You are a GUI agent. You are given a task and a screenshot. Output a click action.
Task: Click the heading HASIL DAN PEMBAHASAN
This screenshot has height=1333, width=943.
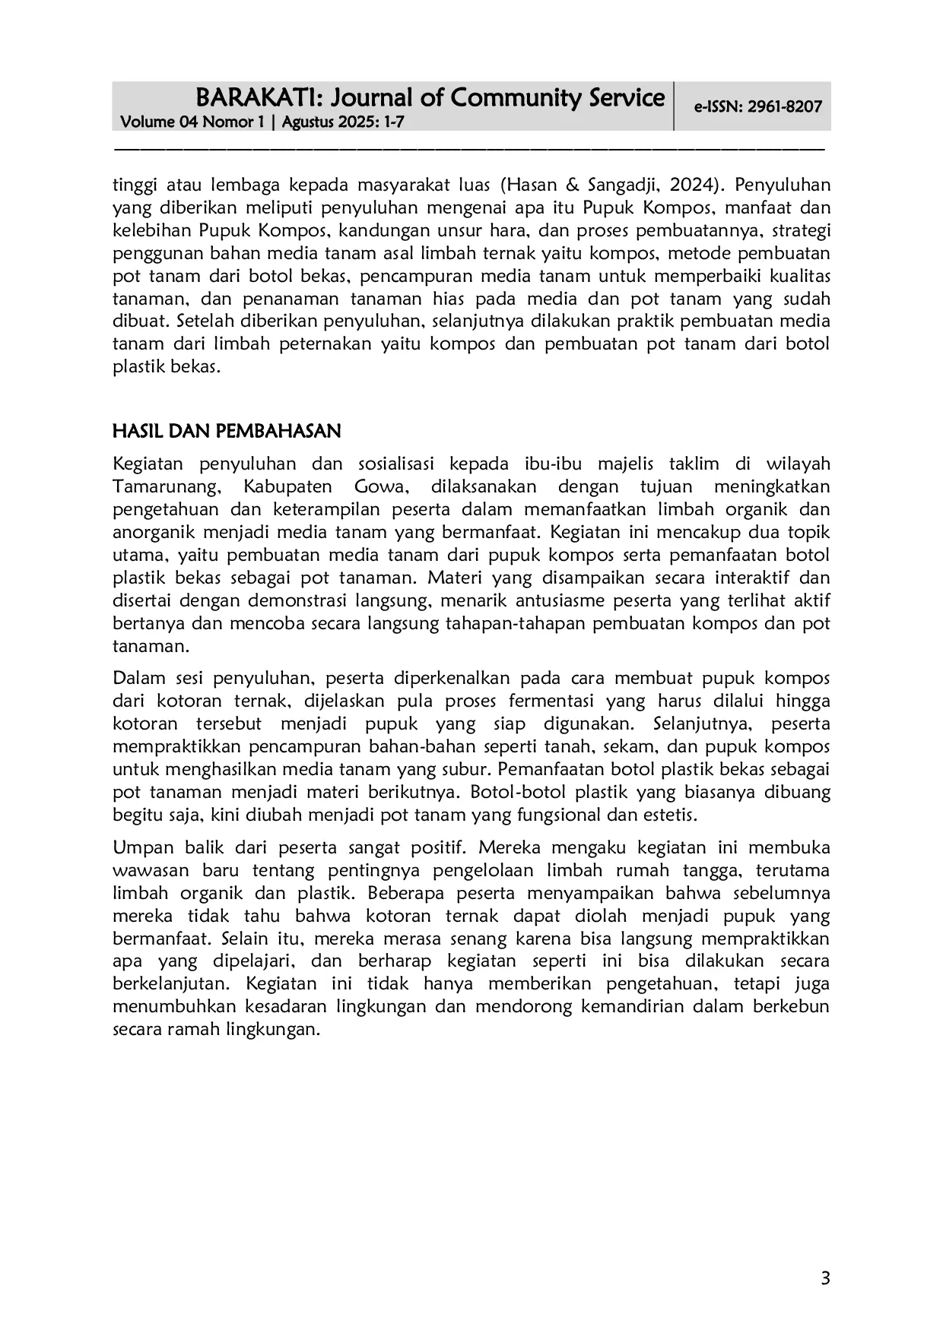point(227,432)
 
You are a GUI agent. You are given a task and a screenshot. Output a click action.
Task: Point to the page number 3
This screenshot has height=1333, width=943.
point(825,1278)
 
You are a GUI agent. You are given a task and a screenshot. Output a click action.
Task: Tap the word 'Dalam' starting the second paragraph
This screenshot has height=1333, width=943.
point(137,678)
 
